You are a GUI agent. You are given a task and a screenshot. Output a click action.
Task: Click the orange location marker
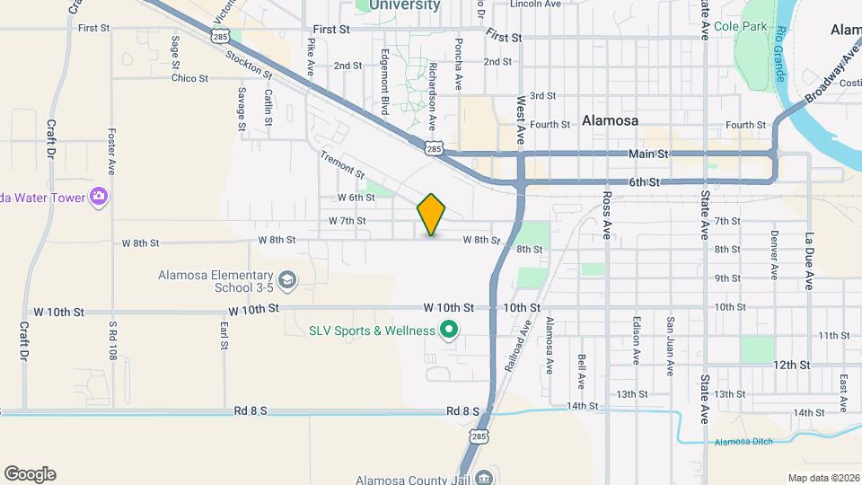431,215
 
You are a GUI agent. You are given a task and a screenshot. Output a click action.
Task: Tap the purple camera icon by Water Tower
99,197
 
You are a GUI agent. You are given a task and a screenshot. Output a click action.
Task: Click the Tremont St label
343,163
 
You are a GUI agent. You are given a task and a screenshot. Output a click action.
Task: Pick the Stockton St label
250,62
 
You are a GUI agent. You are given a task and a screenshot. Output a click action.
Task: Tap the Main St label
649,154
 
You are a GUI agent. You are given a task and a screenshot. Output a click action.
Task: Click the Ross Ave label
607,214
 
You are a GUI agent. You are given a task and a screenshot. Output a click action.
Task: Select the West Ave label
520,121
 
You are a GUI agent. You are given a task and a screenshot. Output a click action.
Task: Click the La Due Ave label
808,261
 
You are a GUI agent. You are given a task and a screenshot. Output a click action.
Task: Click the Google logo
30,474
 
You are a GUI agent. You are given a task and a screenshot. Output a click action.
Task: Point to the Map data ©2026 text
822,478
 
